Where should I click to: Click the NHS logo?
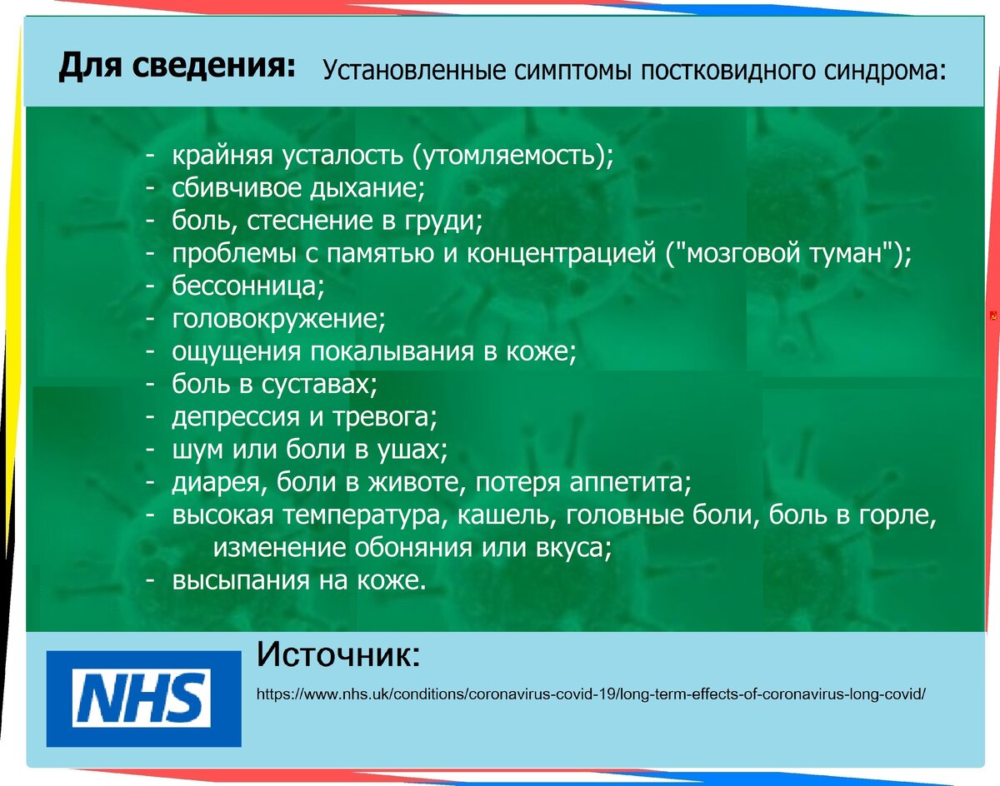click(143, 699)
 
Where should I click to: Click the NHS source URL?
click(591, 694)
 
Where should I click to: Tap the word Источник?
click(338, 655)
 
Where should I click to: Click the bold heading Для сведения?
click(177, 66)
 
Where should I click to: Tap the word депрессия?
click(236, 417)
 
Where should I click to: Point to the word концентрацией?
click(561, 254)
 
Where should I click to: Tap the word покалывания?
click(392, 351)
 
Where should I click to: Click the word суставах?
click(319, 385)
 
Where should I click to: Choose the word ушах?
click(411, 450)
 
